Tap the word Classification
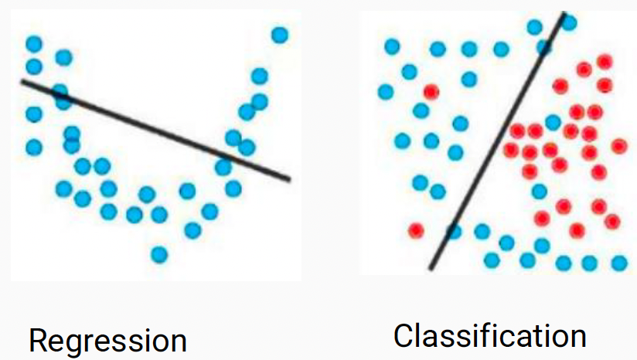point(489,336)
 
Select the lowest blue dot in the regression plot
point(159,253)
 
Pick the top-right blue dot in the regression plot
point(279,35)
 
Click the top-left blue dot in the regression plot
point(34,44)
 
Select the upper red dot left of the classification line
point(431,91)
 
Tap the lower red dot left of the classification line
point(416,230)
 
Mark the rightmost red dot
point(619,145)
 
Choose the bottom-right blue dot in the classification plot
point(618,263)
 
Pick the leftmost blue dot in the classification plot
point(385,92)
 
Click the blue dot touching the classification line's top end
point(569,22)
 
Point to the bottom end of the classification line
point(431,268)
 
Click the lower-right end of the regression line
point(288,179)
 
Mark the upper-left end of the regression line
point(22,80)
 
